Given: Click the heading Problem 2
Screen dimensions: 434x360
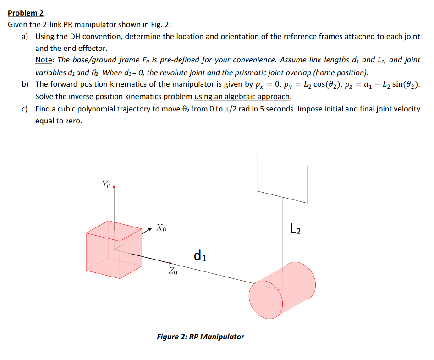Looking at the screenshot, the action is pyautogui.click(x=25, y=13).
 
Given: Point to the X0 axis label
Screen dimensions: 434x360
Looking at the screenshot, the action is pyautogui.click(x=161, y=227).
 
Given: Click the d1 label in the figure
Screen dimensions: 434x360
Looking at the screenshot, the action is pyautogui.click(x=200, y=255).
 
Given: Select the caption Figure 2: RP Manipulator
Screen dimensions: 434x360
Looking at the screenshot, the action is pyautogui.click(x=200, y=337).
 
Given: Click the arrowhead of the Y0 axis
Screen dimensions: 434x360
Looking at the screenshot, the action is pyautogui.click(x=114, y=188).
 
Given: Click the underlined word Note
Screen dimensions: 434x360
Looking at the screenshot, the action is pyautogui.click(x=44, y=60).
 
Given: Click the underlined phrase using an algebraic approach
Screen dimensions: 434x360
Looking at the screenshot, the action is pyautogui.click(x=243, y=96).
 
